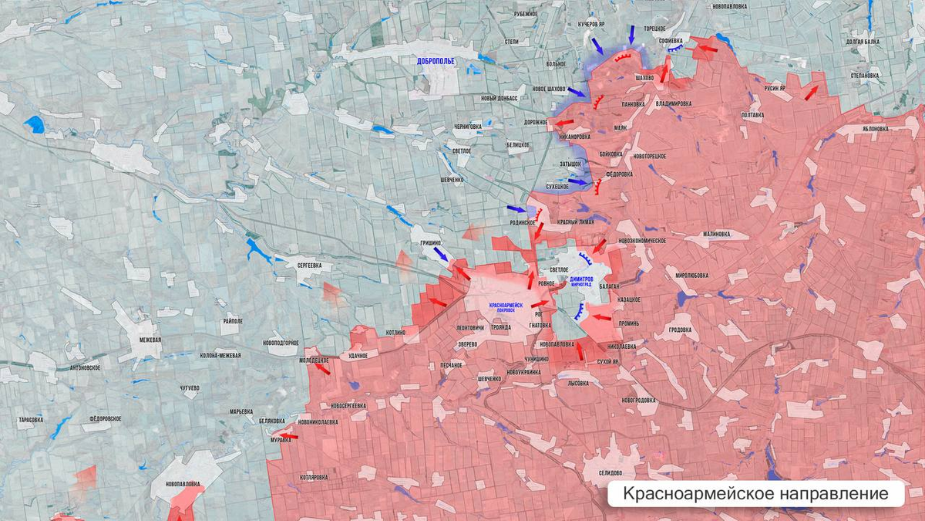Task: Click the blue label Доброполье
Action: point(436,61)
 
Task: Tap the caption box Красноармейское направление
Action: point(755,493)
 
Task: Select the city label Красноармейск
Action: point(506,305)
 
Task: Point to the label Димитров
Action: point(587,279)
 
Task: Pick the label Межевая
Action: point(145,340)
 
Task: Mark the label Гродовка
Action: point(679,330)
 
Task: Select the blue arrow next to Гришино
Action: point(440,254)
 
